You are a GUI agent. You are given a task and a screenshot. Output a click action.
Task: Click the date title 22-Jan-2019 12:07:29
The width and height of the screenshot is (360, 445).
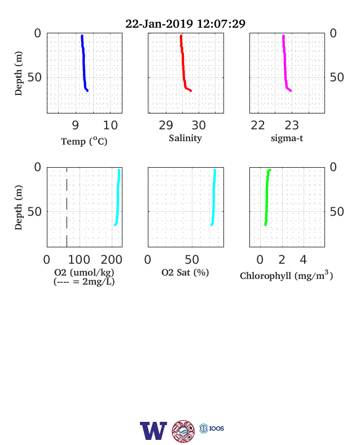pos(186,24)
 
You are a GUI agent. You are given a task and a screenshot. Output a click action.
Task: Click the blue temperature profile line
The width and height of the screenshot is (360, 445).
pos(84,63)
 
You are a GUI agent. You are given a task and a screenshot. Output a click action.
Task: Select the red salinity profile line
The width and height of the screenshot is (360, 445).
pos(183,63)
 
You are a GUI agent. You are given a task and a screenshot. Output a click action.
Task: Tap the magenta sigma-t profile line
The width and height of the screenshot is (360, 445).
pos(285,63)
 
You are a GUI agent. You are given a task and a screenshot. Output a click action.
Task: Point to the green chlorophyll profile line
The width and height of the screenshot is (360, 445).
pos(267,196)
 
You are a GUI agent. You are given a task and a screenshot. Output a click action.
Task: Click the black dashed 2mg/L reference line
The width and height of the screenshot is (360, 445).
pos(67,207)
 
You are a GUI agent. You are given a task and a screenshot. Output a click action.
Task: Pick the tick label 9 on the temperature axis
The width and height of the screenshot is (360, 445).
pos(75,125)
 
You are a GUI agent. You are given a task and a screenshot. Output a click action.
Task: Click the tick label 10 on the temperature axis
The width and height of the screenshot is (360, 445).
pos(110,125)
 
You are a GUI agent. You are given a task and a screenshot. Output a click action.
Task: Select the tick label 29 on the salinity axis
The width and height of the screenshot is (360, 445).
pos(166,125)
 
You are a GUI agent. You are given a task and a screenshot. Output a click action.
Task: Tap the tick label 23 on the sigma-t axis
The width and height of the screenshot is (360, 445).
pos(292,125)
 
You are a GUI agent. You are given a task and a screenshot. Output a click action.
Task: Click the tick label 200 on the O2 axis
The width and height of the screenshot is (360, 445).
pos(112,260)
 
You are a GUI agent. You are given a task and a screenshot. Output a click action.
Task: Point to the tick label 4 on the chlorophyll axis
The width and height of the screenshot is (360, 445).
pos(304,260)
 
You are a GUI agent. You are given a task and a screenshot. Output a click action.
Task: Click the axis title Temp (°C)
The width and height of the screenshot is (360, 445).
pos(84,141)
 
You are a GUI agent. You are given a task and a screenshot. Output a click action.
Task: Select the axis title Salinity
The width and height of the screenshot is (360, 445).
pos(186,138)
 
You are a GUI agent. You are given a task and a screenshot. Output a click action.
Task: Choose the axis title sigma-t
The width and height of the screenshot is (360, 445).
pos(287,138)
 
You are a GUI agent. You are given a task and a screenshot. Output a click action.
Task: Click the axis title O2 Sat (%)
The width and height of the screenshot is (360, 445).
pos(185,272)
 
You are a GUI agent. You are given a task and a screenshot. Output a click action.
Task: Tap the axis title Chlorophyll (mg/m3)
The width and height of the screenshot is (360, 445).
pos(286,275)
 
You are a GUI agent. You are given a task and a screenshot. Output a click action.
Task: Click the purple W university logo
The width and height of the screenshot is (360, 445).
pos(153,431)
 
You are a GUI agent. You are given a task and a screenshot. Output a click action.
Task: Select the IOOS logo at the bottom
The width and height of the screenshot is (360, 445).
pos(212,428)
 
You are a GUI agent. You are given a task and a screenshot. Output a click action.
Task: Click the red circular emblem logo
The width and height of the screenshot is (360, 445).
pos(183,431)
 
